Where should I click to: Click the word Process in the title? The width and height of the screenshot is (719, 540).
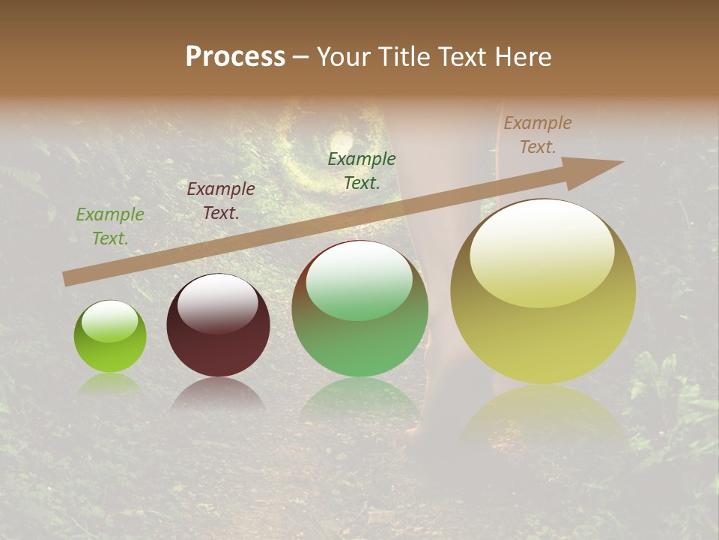[x=235, y=57]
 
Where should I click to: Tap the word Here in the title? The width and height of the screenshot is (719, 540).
[x=521, y=57]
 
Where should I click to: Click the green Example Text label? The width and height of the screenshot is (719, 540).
[x=110, y=226]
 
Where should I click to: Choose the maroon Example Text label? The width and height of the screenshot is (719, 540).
[x=221, y=200]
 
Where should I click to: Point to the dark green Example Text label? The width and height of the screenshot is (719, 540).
[x=362, y=170]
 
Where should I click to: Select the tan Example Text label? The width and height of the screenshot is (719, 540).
[x=538, y=135]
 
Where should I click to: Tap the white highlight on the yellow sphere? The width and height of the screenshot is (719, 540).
[x=542, y=252]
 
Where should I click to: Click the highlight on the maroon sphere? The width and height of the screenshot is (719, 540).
[x=218, y=303]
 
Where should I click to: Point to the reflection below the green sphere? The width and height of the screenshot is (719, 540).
[x=110, y=384]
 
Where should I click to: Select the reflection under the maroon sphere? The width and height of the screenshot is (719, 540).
[x=218, y=393]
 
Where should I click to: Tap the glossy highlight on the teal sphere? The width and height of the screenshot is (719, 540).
[x=359, y=281]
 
